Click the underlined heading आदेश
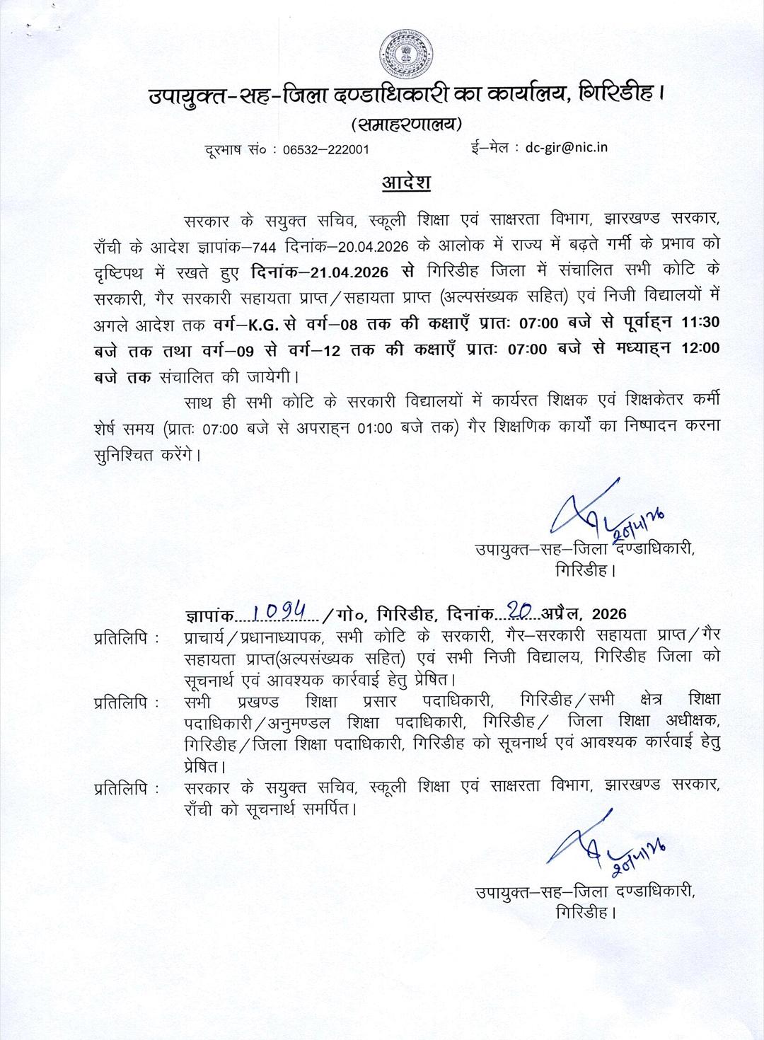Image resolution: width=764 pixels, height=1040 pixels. click(406, 182)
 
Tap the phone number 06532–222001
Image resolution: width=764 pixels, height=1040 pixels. click(325, 149)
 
